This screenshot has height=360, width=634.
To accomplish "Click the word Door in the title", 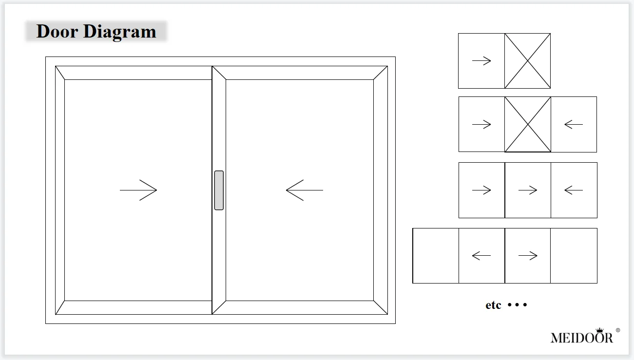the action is click(x=57, y=32).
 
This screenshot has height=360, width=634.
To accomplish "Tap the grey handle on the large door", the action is click(x=219, y=190).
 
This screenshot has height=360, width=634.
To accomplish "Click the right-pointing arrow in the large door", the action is click(x=138, y=190).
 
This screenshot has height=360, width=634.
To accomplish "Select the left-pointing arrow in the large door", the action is click(x=304, y=190).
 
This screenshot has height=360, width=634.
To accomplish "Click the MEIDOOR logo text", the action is click(x=581, y=338).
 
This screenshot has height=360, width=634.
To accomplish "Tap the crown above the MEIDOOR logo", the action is click(x=599, y=330).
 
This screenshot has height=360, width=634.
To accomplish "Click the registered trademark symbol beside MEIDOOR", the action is click(x=618, y=330).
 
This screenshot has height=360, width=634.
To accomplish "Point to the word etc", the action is click(x=493, y=305).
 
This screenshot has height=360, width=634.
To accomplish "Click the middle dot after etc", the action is click(x=517, y=305).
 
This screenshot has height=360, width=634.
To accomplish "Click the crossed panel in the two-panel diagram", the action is click(x=527, y=61).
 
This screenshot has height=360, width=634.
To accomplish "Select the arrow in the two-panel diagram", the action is click(x=481, y=61).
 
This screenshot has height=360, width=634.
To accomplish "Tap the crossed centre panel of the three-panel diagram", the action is click(x=528, y=124).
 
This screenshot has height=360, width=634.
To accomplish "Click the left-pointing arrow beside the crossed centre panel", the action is click(x=574, y=124).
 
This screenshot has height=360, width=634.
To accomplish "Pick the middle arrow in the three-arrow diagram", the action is click(x=528, y=190).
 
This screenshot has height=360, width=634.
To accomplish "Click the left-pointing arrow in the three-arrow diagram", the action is click(x=574, y=190).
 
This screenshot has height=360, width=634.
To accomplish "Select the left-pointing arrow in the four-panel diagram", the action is click(x=481, y=255).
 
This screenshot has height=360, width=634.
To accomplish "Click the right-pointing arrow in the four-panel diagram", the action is click(x=528, y=255).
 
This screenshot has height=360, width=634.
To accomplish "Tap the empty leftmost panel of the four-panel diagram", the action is click(x=436, y=255).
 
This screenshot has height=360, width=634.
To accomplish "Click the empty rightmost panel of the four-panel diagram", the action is click(x=574, y=255).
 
